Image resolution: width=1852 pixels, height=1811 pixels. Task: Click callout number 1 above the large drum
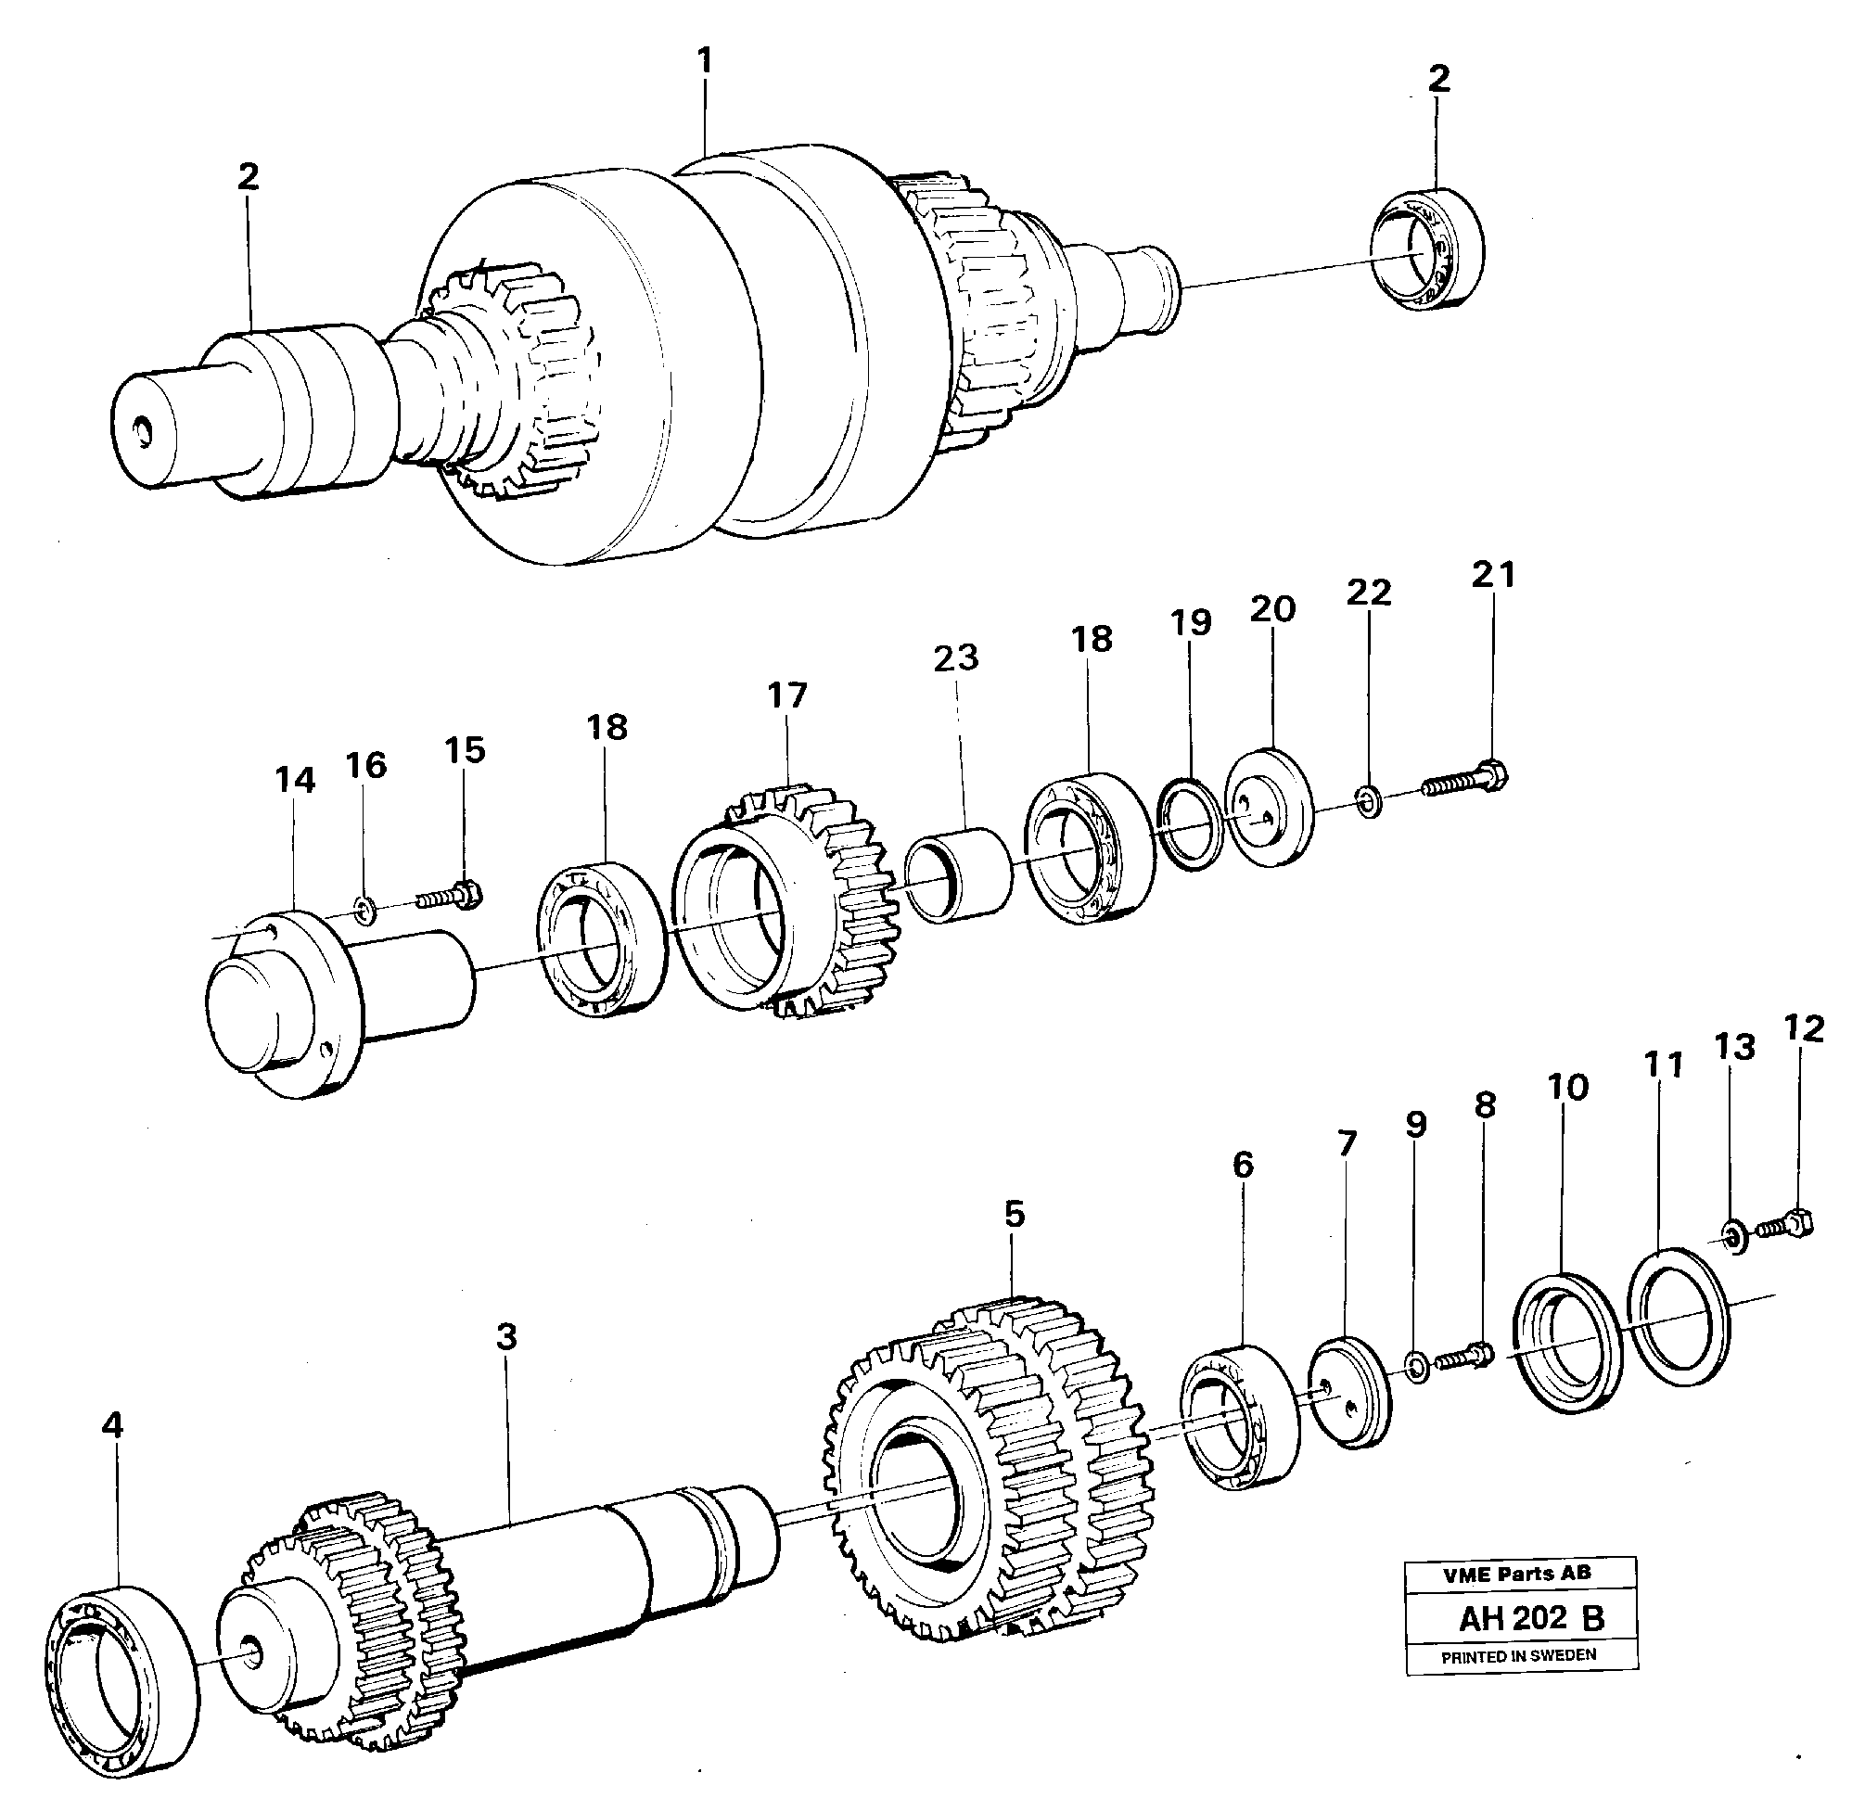[x=704, y=62]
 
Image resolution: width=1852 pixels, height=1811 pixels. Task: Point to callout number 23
[x=955, y=658]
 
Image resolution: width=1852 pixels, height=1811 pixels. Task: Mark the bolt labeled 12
[x=1786, y=1224]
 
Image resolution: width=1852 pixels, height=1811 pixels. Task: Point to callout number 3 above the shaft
[x=506, y=1336]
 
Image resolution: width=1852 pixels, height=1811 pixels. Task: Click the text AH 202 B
[x=1530, y=1618]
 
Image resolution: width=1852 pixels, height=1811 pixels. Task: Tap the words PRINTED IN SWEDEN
[x=1518, y=1656]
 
